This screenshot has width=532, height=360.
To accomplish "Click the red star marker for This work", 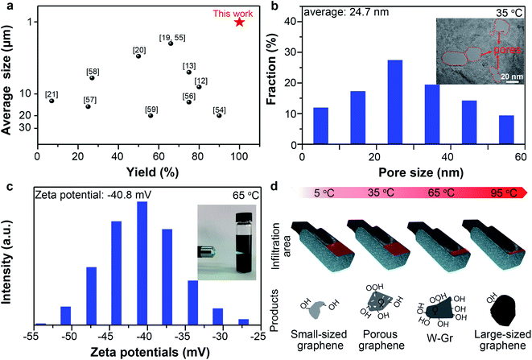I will (x=239, y=22).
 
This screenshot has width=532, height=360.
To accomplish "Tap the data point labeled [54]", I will (x=219, y=115).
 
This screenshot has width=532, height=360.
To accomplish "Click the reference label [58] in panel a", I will (x=92, y=72).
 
